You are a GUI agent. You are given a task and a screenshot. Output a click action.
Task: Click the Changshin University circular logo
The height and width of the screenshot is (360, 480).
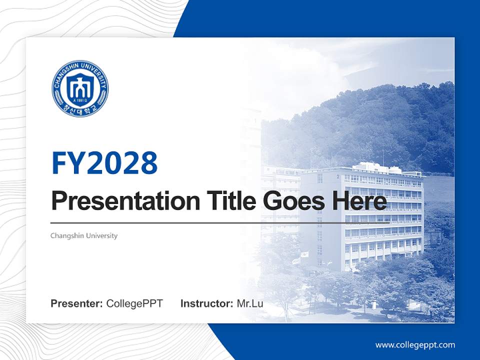79,89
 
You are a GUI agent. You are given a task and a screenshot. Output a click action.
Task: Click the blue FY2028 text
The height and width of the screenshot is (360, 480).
104,163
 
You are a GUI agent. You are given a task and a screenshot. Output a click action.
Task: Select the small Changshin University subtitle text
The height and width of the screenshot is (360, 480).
84,235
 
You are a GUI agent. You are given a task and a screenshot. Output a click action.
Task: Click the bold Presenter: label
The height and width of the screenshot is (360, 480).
77,303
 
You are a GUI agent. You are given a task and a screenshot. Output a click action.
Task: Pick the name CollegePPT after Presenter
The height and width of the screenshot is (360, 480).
134,303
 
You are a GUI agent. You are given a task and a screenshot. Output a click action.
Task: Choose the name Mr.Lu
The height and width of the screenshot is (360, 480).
250,303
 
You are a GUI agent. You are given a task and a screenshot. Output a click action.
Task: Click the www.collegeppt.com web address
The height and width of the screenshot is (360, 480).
415,344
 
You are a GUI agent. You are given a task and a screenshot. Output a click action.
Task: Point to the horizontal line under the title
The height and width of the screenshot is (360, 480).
200,223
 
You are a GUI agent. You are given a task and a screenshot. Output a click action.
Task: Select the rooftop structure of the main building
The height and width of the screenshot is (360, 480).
372,167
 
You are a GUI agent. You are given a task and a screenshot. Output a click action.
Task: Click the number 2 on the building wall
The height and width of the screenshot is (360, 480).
338,177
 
